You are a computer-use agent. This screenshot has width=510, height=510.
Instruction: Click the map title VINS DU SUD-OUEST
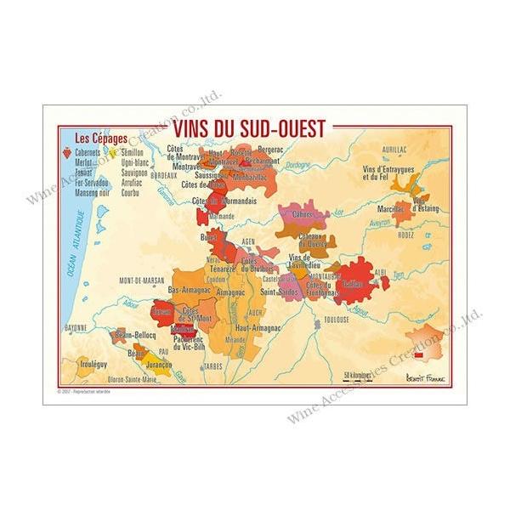(x=249, y=128)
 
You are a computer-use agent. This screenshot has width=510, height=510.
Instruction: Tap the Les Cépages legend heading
(x=97, y=137)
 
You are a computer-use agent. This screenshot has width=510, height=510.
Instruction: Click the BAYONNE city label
(x=76, y=326)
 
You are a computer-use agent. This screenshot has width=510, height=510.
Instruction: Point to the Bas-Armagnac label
(x=190, y=290)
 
